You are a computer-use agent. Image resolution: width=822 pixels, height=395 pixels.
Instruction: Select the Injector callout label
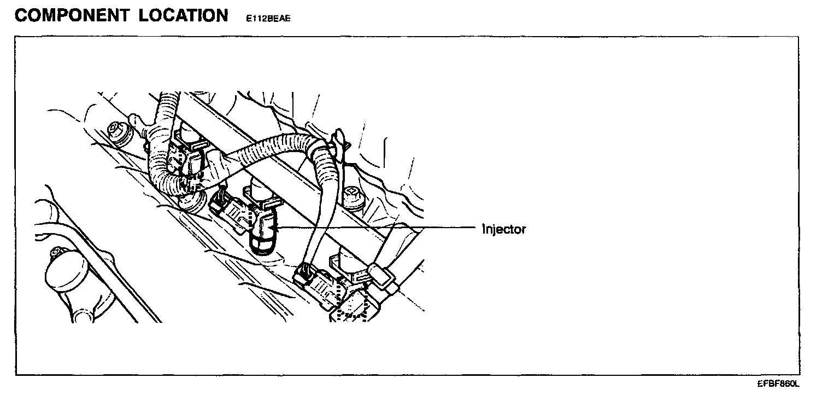(504, 229)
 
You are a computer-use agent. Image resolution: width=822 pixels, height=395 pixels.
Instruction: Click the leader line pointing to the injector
(377, 226)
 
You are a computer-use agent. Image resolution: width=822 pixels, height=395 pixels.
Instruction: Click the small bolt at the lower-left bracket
(55, 253)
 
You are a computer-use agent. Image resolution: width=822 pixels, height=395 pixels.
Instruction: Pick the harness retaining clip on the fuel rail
(339, 143)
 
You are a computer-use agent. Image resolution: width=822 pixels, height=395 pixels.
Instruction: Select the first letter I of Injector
(483, 229)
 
